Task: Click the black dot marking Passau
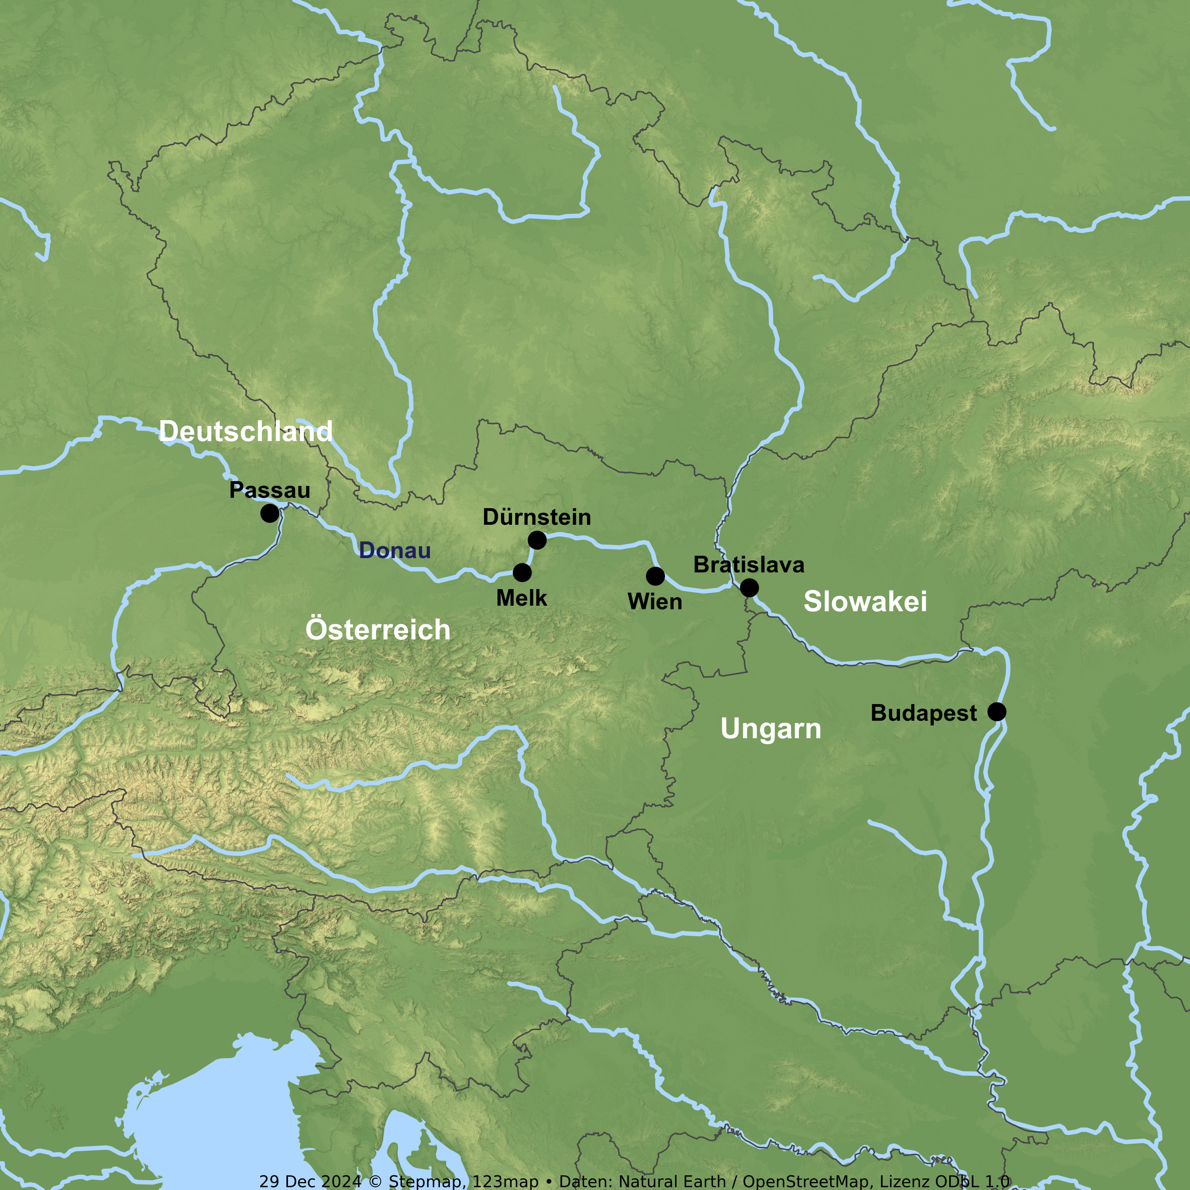coord(269,513)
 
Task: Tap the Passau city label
coord(270,490)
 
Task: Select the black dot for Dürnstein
coord(537,540)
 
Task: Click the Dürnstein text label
coord(536,517)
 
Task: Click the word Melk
coord(522,598)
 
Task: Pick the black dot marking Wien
coord(655,576)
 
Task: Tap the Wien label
coord(655,602)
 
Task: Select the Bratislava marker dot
coord(749,587)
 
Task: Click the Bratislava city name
coord(749,565)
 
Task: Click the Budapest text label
coord(923,713)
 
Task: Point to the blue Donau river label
coord(395,550)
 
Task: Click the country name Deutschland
coord(246,431)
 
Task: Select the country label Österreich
coord(378,630)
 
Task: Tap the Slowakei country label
coord(865,601)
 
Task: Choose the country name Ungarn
coord(771,729)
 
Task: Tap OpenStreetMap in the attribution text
coord(806,1181)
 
